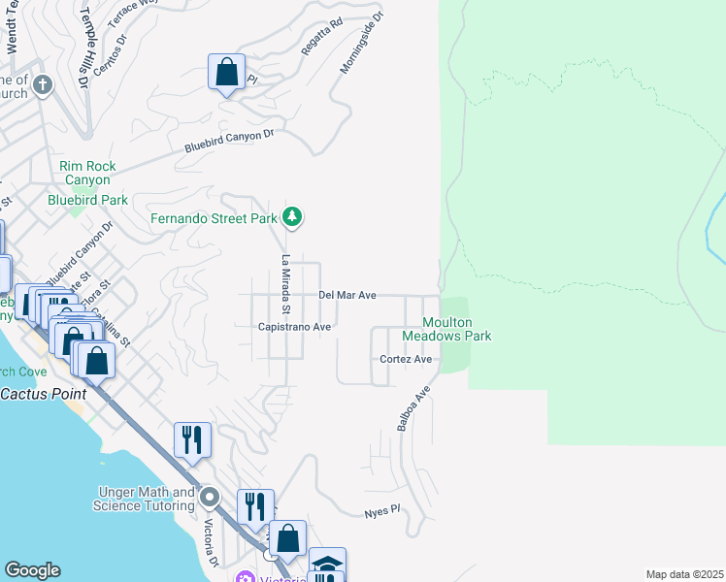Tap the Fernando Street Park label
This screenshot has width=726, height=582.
click(x=214, y=218)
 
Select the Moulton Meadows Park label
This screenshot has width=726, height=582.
click(x=456, y=329)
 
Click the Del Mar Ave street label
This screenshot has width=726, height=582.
click(x=346, y=295)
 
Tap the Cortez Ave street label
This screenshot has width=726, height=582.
click(x=406, y=359)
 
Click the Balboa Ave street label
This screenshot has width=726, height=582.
click(x=413, y=409)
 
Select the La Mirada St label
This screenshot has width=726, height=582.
click(x=286, y=285)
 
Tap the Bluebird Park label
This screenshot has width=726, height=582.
click(x=88, y=200)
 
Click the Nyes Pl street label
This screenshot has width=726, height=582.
click(x=381, y=510)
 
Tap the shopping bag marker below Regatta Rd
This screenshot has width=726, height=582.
click(x=226, y=72)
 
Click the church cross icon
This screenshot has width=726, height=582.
click(x=42, y=84)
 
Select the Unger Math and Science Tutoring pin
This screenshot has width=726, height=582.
click(x=211, y=499)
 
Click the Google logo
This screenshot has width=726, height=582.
click(x=32, y=570)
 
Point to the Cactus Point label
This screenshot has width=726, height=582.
click(x=43, y=394)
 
